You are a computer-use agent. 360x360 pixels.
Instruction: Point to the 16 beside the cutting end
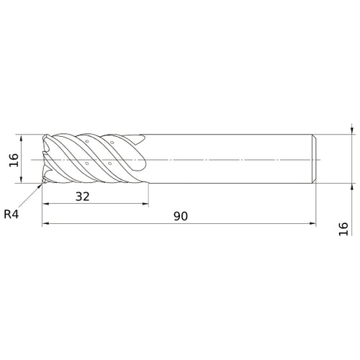pos(13,159)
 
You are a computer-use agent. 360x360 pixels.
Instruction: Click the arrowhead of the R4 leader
pos(40,185)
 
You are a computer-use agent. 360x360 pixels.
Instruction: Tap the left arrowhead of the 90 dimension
pos(45,225)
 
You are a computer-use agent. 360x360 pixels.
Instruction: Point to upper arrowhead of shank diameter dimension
pos(350,130)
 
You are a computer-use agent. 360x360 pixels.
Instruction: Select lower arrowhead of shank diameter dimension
pos(350,188)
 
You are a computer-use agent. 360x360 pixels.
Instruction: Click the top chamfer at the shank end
pos(314,136)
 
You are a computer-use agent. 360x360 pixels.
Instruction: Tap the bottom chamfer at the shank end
pos(314,182)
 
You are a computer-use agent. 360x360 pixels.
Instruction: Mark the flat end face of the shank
pos(316,159)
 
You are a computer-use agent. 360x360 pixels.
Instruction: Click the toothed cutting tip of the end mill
pos(45,159)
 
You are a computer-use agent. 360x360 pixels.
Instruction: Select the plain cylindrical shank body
pos(230,159)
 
